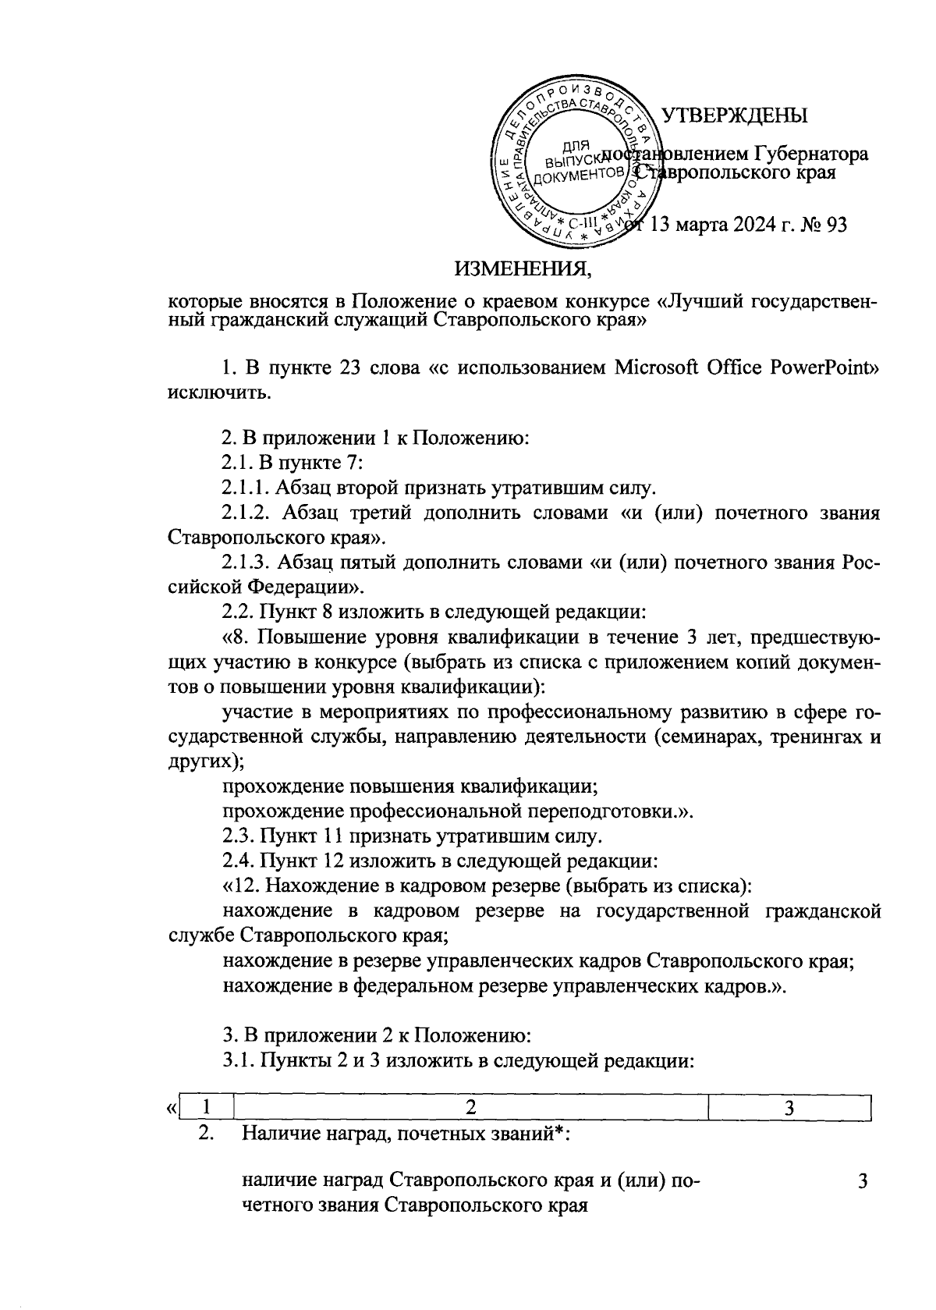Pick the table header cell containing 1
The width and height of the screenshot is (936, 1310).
(205, 1107)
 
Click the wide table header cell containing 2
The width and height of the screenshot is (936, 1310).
(470, 1107)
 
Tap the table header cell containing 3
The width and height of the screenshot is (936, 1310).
(789, 1107)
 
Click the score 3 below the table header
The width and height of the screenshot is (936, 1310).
(863, 1181)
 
